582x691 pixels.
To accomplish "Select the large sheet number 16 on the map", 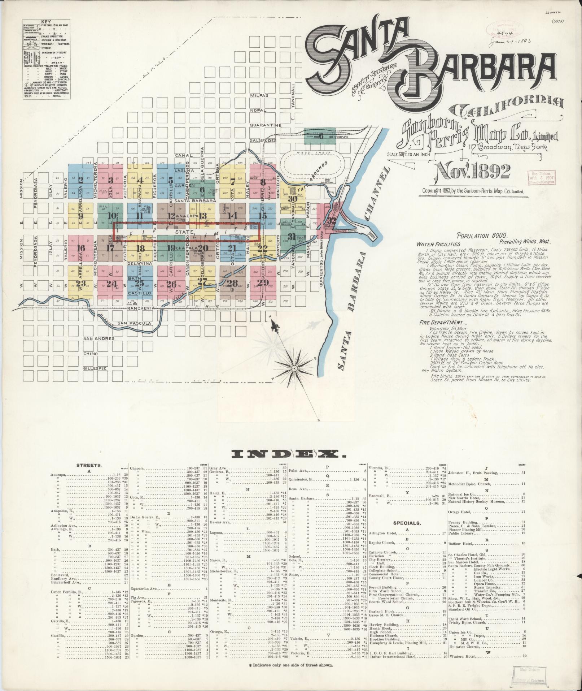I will [x=81, y=248].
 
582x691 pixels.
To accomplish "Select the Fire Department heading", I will [x=441, y=323].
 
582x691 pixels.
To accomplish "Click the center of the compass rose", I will [x=294, y=368].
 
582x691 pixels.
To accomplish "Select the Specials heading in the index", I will [x=407, y=523].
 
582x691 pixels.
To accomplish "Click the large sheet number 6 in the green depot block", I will [x=320, y=137].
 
